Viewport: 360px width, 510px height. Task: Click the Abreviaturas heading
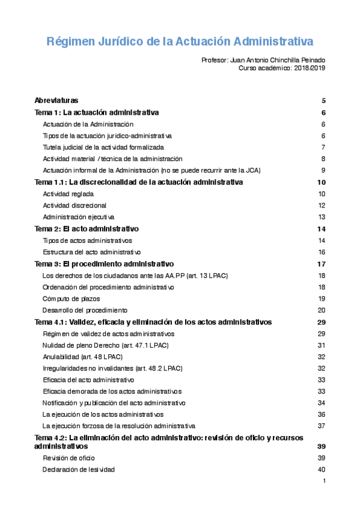56,100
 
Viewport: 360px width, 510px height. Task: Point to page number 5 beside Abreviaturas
323,100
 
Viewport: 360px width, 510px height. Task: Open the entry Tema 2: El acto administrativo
87,229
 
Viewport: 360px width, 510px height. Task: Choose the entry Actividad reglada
68,194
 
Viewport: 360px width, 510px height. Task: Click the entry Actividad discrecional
75,206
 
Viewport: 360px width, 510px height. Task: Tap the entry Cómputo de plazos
71,299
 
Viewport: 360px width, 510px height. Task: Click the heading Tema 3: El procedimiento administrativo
105,264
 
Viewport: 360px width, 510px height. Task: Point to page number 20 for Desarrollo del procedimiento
322,310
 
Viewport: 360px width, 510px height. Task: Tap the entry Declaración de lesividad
78,470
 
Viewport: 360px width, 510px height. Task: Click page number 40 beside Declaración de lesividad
322,470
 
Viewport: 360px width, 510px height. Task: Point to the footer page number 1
324,481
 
